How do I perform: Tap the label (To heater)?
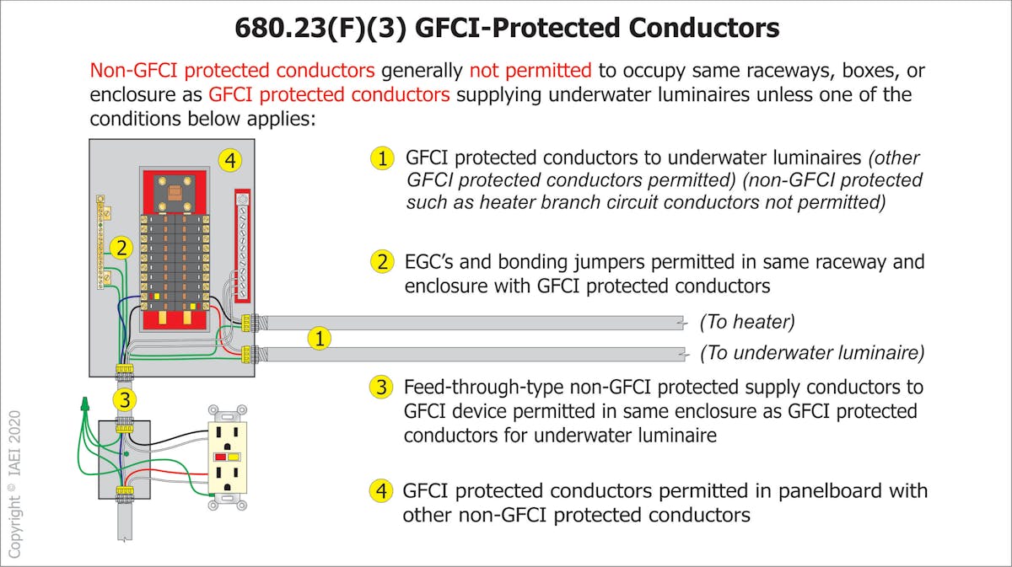tap(747, 322)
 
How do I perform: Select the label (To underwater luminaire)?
tap(812, 352)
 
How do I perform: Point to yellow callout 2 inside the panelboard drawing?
tap(121, 248)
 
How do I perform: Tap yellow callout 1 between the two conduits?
tap(319, 339)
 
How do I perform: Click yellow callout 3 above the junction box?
tap(125, 399)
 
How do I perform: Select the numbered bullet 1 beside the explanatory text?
tap(382, 158)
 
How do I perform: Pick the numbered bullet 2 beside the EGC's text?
tap(382, 262)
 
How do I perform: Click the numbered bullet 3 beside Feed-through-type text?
tap(382, 388)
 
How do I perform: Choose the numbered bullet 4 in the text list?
tap(382, 490)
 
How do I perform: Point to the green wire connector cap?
tap(85, 404)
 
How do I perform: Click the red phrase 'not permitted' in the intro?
tap(530, 70)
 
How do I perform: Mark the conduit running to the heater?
tap(472, 322)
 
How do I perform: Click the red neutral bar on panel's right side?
tap(242, 245)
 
